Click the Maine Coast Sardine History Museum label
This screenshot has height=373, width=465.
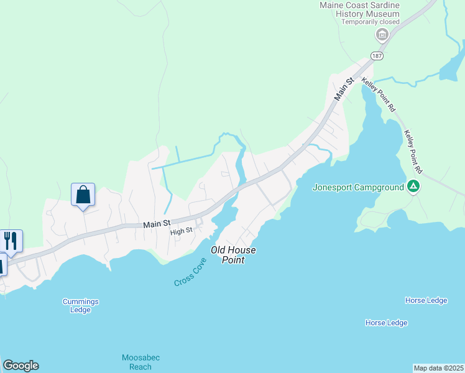[x=359, y=9]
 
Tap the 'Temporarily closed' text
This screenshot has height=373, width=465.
[x=371, y=22]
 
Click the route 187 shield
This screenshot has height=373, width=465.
[x=377, y=56]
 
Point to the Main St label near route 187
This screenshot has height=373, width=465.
[x=344, y=89]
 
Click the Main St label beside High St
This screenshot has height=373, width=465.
[x=157, y=223]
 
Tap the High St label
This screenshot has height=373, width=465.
[x=182, y=231]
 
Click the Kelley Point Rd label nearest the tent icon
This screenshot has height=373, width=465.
[x=413, y=151]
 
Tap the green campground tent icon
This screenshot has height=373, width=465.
[x=413, y=186]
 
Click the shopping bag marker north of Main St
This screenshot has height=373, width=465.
[x=83, y=195]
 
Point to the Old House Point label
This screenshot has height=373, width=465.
[x=233, y=255]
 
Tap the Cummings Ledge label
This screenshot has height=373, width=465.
[x=81, y=306]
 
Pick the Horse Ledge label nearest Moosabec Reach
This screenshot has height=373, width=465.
[x=386, y=323]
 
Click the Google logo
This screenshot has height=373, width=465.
[x=21, y=366]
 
